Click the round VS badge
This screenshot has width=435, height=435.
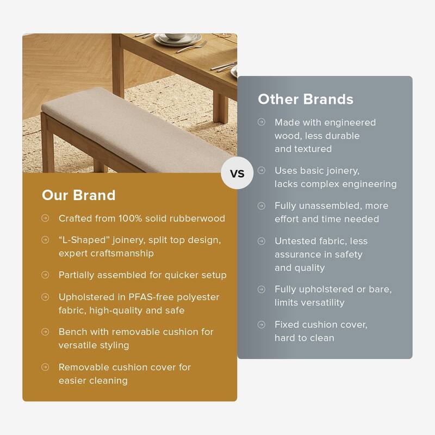pos(238,174)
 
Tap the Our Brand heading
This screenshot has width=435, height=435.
pos(78,195)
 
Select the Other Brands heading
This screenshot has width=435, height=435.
pos(305,99)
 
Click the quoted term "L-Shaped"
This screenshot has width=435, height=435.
pos(83,240)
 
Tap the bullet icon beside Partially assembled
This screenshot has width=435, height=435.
pos(45,275)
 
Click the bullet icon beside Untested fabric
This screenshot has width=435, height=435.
pos(262,241)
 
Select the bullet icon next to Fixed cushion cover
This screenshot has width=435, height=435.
pos(262,325)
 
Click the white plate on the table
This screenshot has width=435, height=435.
pos(176,40)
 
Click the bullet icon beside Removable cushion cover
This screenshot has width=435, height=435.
pos(45,368)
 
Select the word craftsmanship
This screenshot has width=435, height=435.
pos(122,253)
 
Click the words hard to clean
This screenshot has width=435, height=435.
pos(304,338)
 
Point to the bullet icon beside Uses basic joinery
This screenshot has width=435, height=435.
pos(262,171)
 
